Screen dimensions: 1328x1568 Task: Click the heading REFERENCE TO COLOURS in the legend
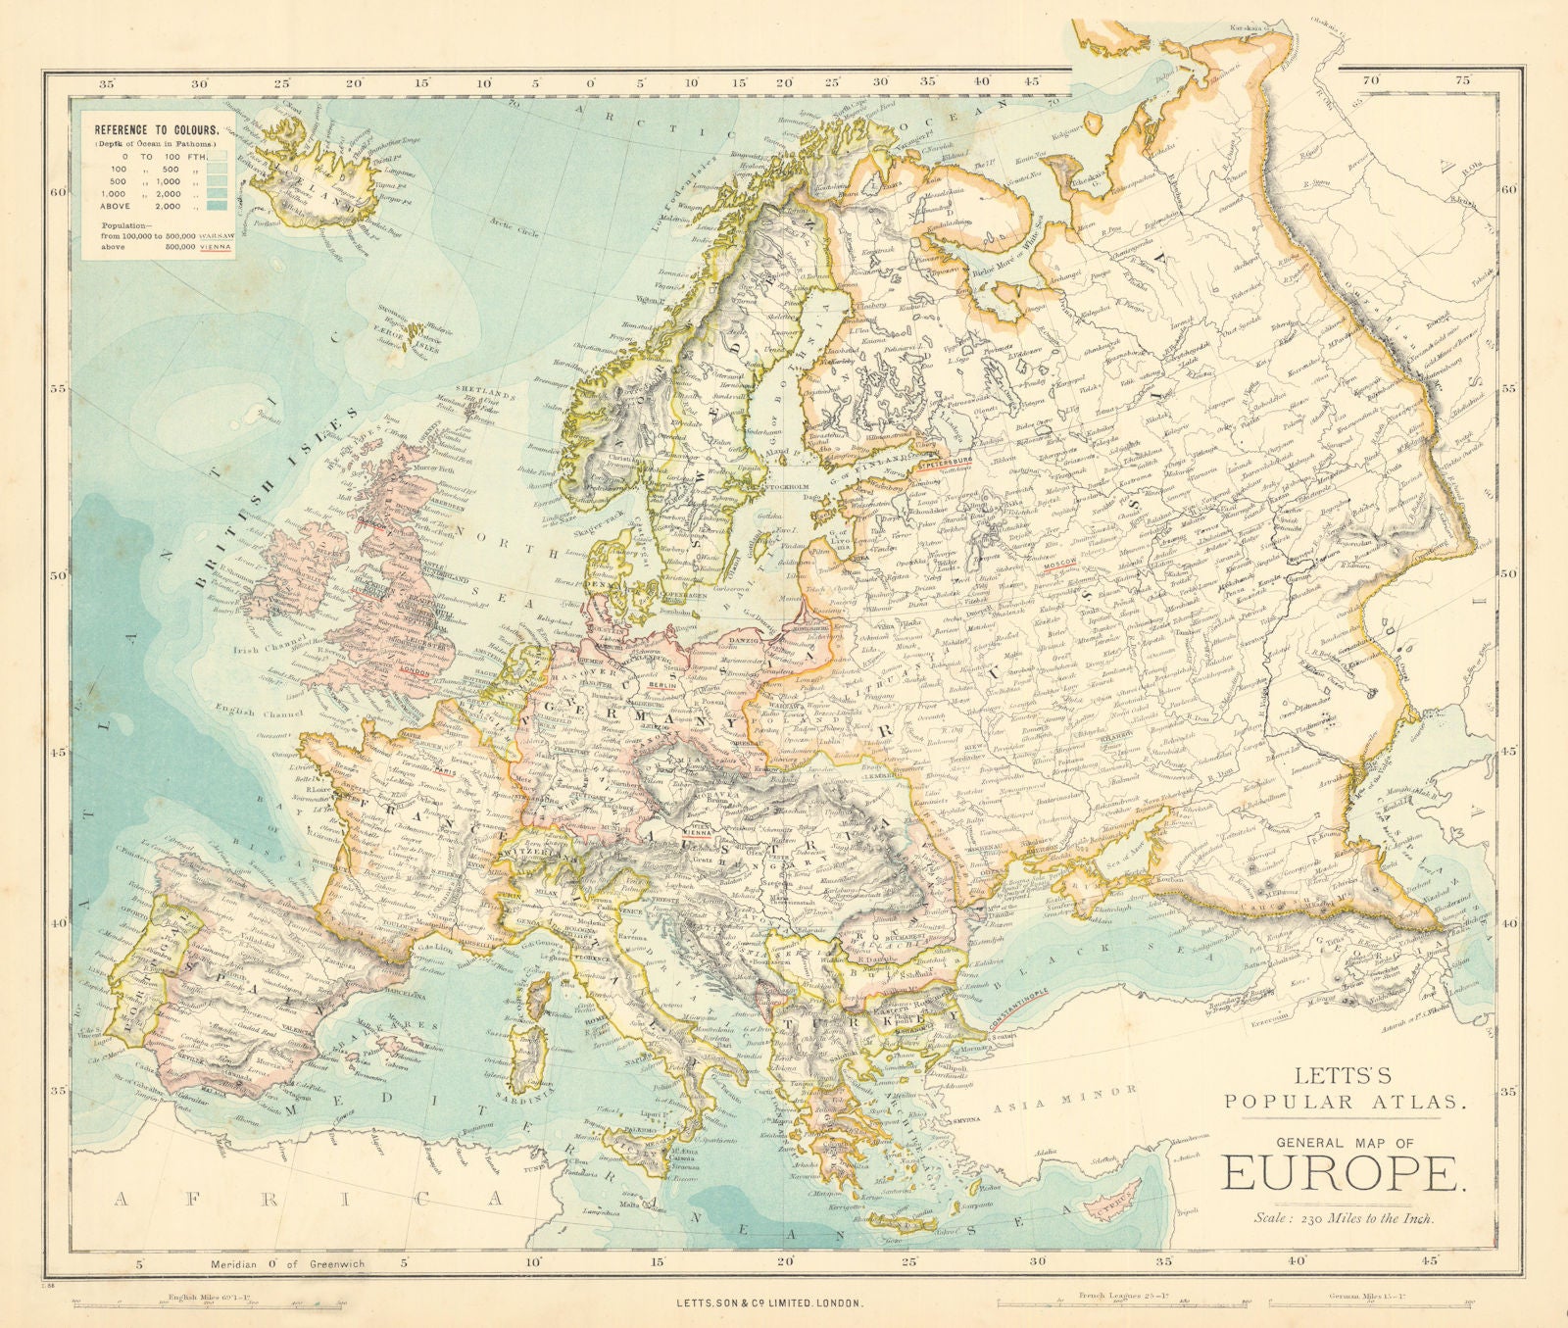pyautogui.click(x=156, y=128)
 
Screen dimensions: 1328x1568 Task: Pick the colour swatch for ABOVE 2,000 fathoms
pyautogui.click(x=217, y=205)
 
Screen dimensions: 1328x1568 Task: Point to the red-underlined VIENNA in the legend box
pyautogui.click(x=216, y=248)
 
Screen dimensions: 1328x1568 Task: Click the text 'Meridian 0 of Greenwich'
pyautogui.click(x=287, y=1263)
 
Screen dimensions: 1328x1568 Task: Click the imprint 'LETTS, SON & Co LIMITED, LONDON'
pyautogui.click(x=769, y=1303)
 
